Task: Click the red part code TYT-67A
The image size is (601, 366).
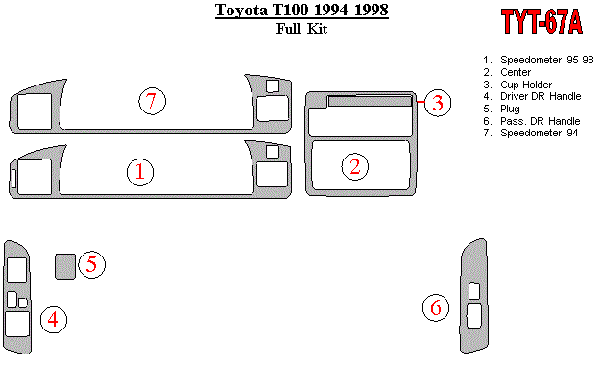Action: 541,21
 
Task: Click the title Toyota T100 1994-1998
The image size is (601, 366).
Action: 301,10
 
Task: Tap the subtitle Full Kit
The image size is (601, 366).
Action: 301,29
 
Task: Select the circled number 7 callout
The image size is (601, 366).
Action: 152,101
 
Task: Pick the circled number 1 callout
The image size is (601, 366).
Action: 140,172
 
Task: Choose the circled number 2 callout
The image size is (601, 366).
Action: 355,167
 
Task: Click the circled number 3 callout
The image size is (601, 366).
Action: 438,103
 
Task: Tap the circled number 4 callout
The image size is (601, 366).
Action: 54,320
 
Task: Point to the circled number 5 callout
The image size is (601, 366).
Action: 91,264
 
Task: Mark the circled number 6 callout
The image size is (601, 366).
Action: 436,307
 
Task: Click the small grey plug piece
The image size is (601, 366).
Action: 65,266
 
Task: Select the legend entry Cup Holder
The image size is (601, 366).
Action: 517,85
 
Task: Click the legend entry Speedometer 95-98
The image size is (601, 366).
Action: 539,60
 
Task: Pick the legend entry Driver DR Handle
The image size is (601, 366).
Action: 532,96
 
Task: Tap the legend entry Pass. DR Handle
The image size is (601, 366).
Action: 531,121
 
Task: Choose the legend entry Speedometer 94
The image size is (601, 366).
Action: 531,133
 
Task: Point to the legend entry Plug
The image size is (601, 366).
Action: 501,109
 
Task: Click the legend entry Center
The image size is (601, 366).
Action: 507,72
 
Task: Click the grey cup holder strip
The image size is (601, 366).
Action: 370,101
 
